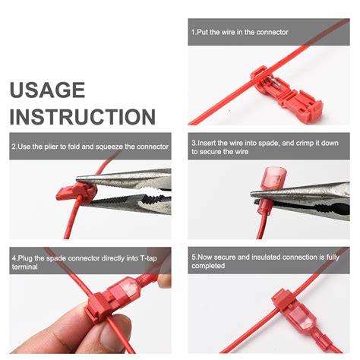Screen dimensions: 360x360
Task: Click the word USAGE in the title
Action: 47,90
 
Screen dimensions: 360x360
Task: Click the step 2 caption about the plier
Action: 90,146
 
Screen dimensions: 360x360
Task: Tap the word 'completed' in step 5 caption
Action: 209,267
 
